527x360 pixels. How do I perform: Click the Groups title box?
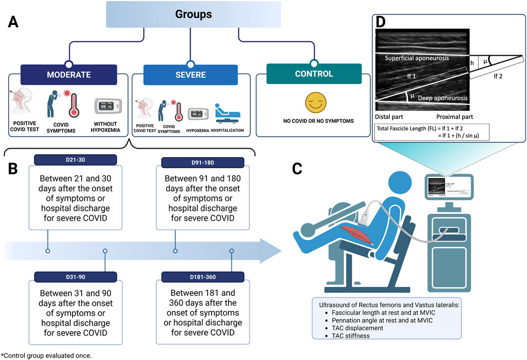coord(193,14)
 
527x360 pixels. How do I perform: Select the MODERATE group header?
coord(69,75)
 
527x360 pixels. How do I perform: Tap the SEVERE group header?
coord(191,75)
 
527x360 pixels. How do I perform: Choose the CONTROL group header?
coord(314,74)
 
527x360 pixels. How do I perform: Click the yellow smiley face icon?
coord(316,102)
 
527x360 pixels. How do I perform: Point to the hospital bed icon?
coord(227,114)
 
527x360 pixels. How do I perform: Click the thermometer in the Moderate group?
coord(73,105)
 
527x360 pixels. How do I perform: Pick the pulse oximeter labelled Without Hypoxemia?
coord(108,106)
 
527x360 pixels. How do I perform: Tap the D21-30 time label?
coord(75,160)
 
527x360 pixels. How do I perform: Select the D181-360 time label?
coord(203,277)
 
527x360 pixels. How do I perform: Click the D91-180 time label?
coord(203,163)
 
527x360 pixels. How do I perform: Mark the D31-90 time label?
coord(75,277)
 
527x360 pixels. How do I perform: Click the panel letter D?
coord(381,22)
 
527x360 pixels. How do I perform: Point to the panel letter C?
coord(297,168)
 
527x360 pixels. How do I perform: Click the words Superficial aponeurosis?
coord(417,58)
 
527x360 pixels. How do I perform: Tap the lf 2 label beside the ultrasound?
coord(498,76)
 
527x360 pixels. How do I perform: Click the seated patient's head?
coord(400,183)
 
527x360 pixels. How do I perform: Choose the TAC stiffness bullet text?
coord(350,336)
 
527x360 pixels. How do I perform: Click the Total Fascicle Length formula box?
coord(432,132)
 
